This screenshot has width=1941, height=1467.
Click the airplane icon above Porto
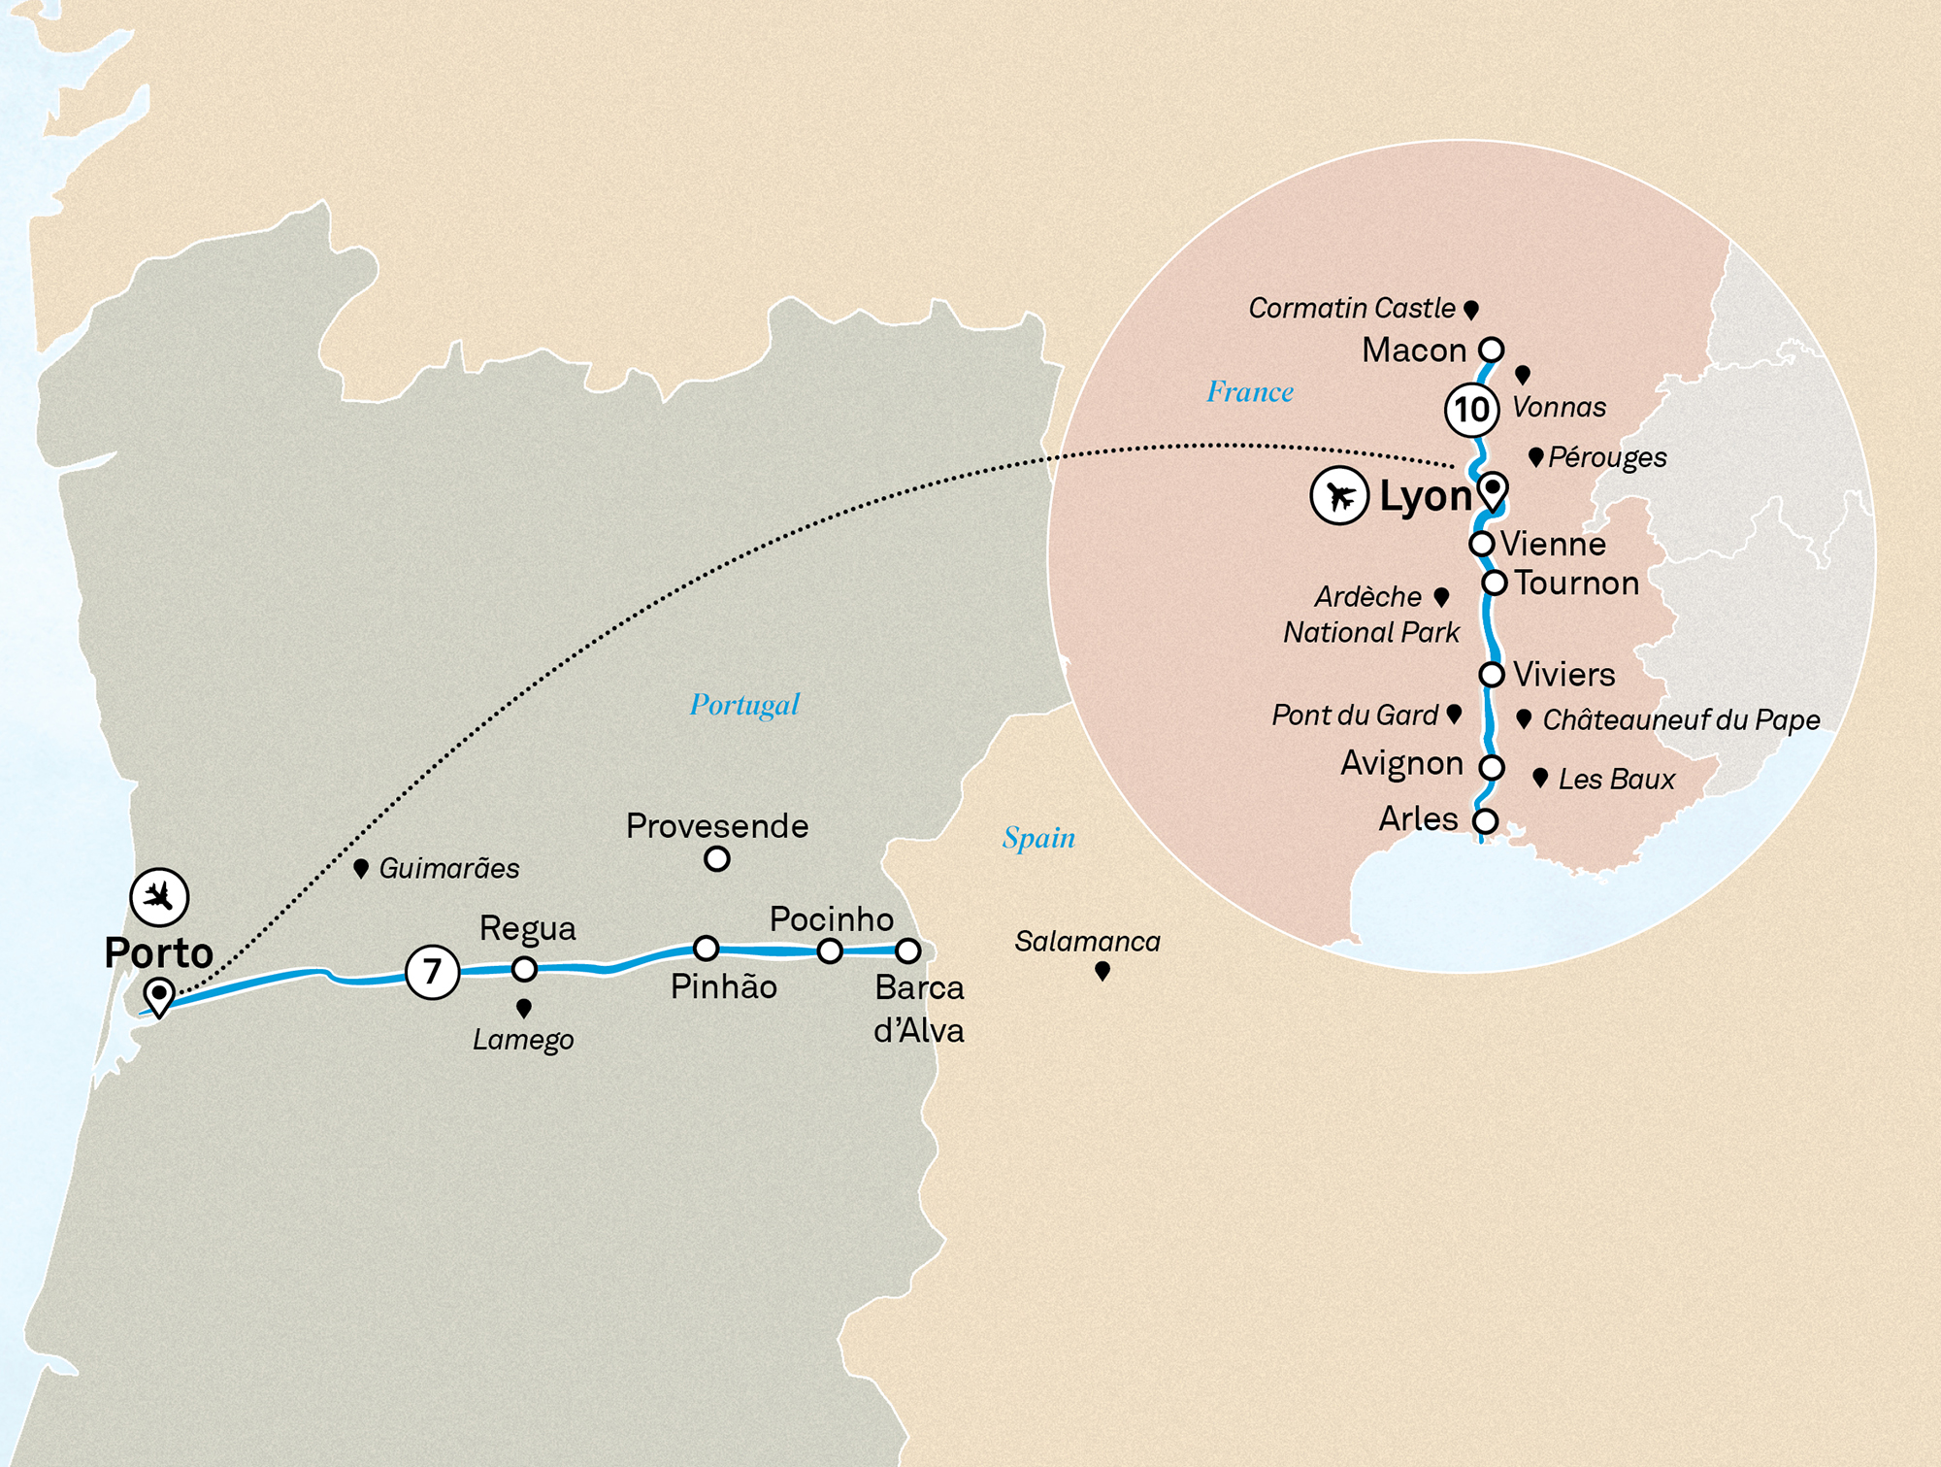159,896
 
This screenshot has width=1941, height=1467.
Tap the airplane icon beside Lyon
1339,496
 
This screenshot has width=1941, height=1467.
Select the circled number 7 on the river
432,971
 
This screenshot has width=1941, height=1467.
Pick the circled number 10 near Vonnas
1471,409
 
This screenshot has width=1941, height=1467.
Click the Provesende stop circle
716,858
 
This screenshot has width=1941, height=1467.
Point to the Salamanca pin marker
1102,970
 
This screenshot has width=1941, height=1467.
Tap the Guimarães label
448,868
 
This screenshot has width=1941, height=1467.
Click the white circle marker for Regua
524,968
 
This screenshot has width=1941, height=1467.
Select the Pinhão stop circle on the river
706,948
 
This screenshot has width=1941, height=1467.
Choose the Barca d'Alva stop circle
907,950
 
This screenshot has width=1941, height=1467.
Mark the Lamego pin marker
524,1008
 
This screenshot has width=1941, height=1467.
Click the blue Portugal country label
744,704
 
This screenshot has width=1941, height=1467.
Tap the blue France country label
1249,391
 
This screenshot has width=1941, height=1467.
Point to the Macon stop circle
1491,349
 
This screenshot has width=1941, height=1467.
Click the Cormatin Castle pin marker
1470,309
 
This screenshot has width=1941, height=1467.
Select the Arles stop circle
1484,820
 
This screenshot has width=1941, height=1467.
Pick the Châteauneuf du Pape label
1681,719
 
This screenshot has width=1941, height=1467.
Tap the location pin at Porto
158,995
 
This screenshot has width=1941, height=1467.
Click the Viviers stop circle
1491,674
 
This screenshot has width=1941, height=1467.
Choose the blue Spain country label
1038,837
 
